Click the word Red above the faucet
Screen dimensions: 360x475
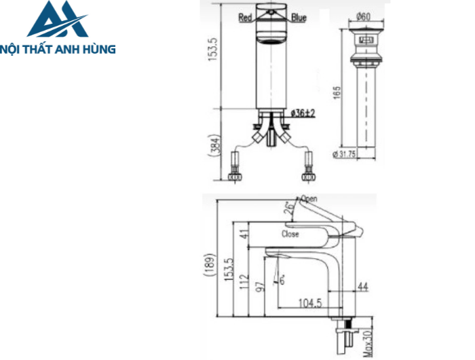(246, 18)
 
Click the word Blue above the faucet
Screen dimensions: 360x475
(299, 18)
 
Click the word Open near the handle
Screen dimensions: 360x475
(309, 199)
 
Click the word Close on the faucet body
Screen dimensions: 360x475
(290, 233)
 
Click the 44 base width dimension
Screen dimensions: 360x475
(362, 288)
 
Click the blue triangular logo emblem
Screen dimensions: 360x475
(57, 20)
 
